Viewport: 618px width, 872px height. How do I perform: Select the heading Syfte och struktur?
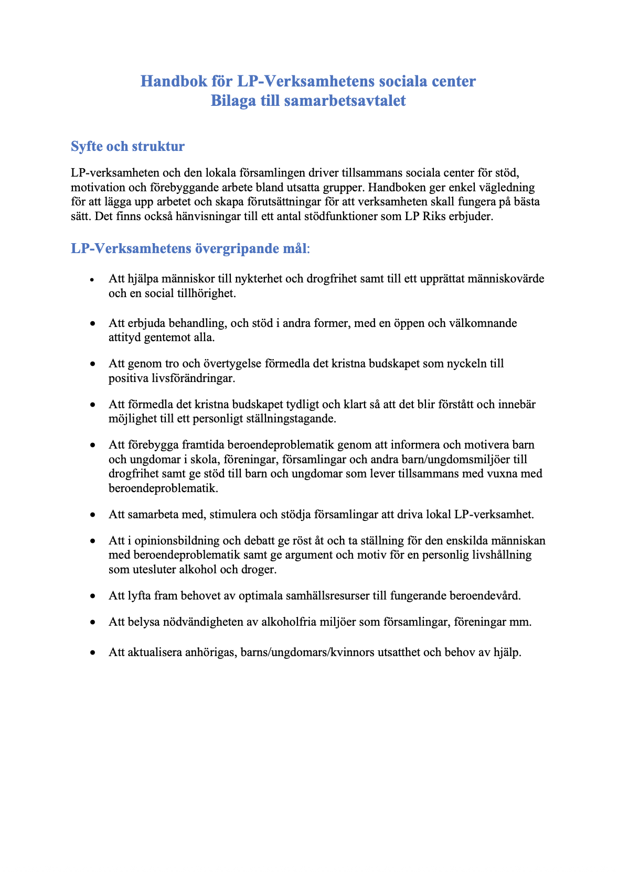click(x=127, y=146)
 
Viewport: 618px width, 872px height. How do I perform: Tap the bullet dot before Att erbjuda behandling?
click(x=93, y=324)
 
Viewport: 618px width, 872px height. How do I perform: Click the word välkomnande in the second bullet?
click(x=483, y=323)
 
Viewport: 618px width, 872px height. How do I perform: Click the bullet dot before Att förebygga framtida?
click(x=93, y=445)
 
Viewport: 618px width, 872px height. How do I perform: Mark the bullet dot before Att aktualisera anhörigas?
click(x=93, y=653)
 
